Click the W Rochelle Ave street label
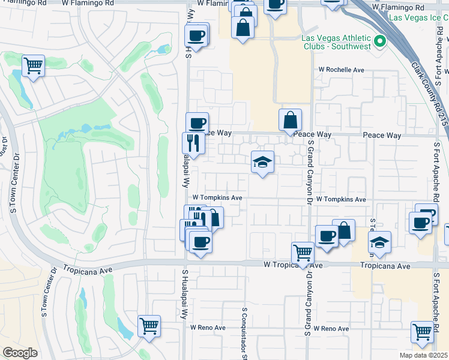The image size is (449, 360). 342,70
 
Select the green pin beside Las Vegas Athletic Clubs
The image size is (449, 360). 379,41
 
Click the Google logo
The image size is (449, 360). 20,353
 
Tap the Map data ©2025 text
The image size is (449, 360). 423,355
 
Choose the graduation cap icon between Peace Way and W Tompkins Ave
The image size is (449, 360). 262,161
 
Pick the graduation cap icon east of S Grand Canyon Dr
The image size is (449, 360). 379,242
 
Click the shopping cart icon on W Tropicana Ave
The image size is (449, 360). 303,253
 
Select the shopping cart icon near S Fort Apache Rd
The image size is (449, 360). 422,331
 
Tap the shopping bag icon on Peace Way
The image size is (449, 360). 290,119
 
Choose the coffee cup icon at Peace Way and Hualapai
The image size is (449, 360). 197,123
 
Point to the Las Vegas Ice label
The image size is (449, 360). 418,18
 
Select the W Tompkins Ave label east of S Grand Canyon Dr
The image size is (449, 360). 341,199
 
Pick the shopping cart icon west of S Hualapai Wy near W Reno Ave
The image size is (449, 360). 149,326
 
